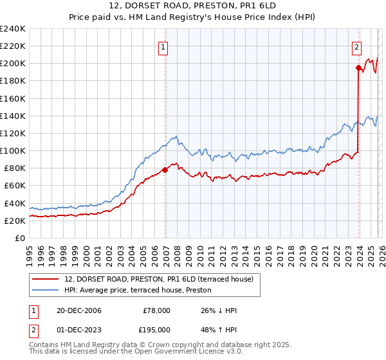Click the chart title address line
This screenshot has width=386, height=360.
tap(193, 6)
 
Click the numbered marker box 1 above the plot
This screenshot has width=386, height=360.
tap(163, 47)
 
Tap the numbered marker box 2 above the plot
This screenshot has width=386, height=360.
tap(356, 47)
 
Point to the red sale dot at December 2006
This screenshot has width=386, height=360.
tap(165, 170)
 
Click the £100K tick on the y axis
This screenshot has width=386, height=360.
tap(13, 150)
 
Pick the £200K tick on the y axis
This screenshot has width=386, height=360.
tap(13, 64)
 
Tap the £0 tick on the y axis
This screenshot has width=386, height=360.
tap(21, 238)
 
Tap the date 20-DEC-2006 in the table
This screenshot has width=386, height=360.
tap(78, 310)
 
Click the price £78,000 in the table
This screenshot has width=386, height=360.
tap(157, 310)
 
